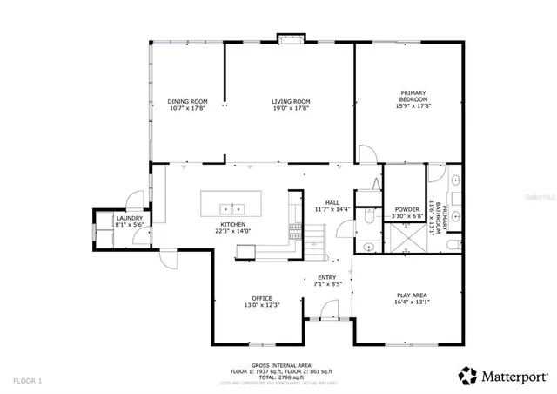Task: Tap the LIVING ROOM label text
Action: point(290,101)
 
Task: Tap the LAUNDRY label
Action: point(128,218)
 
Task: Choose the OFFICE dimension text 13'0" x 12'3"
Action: point(262,305)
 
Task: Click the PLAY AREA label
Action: point(409,295)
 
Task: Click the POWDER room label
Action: point(406,209)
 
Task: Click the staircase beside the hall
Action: point(297,233)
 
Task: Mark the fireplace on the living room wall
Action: point(289,38)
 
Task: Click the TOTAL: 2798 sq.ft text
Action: point(276,377)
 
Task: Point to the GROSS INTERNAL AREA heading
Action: point(276,365)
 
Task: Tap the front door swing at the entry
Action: point(327,310)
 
